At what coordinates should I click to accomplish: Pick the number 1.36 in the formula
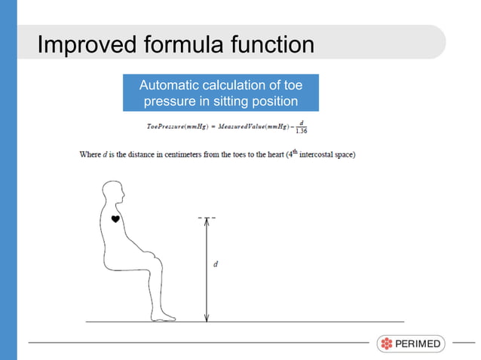tap(302, 130)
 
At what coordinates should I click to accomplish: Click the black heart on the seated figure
tap(115, 218)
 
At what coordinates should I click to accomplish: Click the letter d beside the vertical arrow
tap(216, 264)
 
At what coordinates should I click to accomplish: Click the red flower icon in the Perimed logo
tap(387, 344)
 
